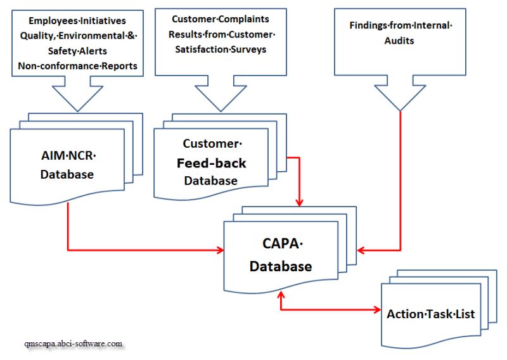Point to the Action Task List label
(x=431, y=314)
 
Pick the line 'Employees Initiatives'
(x=77, y=21)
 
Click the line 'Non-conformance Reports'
(x=77, y=65)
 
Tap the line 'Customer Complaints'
(x=220, y=20)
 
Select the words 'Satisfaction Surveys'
(x=219, y=49)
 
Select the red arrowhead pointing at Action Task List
(x=376, y=310)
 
